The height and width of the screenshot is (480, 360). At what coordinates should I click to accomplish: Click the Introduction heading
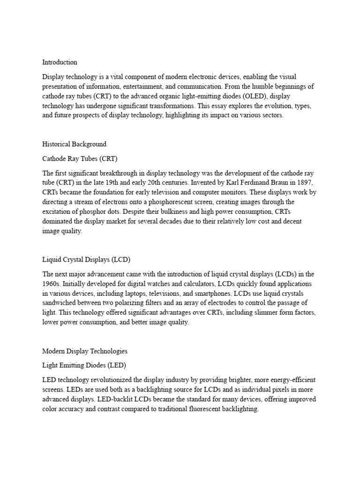click(60, 62)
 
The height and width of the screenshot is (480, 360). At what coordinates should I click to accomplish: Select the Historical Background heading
click(74, 144)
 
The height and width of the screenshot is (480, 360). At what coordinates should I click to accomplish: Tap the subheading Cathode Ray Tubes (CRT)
click(75, 158)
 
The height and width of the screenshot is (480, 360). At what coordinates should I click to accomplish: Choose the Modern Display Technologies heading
click(84, 351)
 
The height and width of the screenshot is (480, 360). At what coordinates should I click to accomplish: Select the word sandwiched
click(59, 303)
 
